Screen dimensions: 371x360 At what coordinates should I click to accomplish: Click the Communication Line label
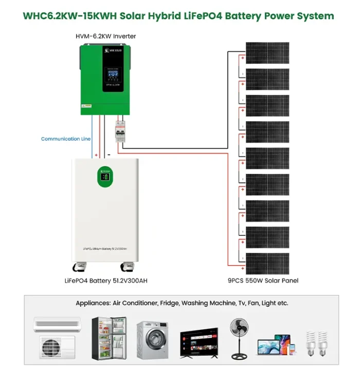click(66, 139)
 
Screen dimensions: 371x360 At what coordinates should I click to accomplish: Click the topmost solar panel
click(267, 52)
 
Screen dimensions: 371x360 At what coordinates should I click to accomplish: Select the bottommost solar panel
click(267, 263)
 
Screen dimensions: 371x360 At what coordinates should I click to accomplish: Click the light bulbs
click(317, 344)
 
